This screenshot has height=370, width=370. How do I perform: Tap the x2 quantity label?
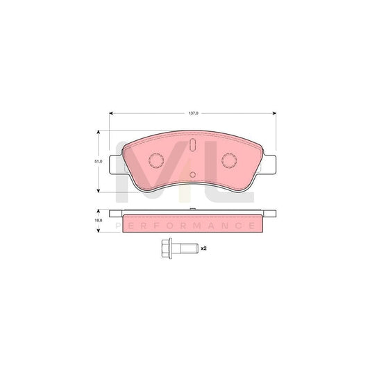[x=203, y=247]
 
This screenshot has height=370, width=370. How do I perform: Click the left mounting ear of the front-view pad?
[x=116, y=165]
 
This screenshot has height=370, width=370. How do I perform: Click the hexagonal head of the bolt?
[x=165, y=247]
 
